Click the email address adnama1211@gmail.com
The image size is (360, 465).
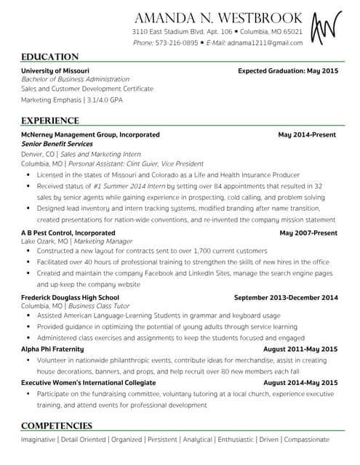[265, 43]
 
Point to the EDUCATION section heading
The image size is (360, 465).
[49, 57]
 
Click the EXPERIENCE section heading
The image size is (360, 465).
[49, 121]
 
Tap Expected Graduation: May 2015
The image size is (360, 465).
[287, 70]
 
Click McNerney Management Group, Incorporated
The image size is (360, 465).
[90, 134]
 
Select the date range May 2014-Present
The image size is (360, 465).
[308, 134]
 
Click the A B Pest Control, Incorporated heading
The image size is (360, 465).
[68, 232]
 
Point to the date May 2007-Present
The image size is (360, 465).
[308, 232]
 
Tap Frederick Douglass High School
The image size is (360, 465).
[70, 297]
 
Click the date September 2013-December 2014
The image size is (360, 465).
[285, 297]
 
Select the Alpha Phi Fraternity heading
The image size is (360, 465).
[52, 349]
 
